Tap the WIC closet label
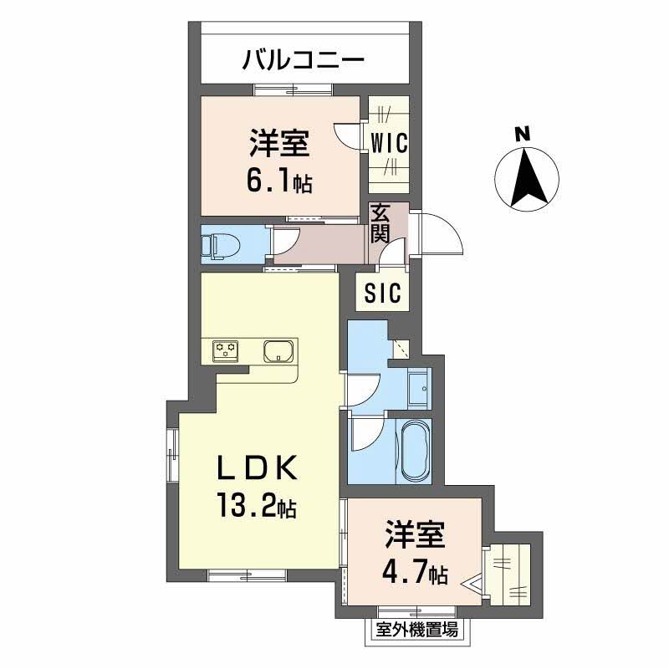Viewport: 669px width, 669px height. point(389,143)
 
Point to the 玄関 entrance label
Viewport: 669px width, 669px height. point(380,222)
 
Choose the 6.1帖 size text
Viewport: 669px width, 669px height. point(278,181)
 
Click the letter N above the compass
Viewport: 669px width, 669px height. point(522,133)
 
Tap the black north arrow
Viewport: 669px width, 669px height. point(529,178)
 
